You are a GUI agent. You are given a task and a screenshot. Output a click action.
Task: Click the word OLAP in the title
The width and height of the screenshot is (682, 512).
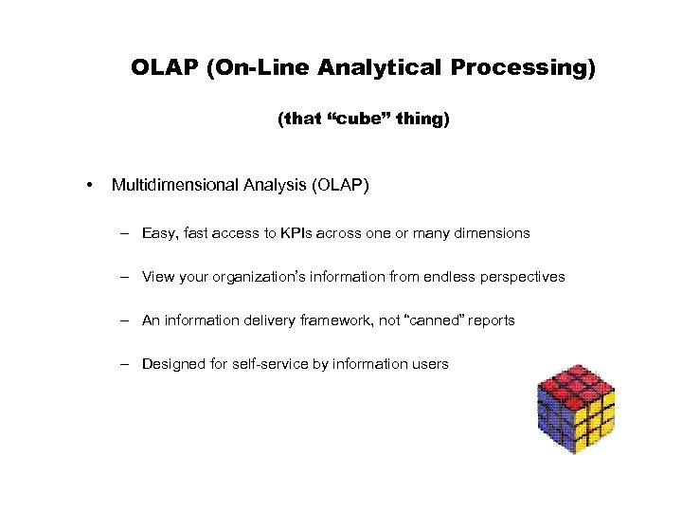pyautogui.click(x=163, y=68)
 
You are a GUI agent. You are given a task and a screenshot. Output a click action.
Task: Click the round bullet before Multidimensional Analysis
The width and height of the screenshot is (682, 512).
pyautogui.click(x=88, y=186)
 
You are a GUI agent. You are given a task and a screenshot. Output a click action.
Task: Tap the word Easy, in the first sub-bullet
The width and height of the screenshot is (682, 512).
pyautogui.click(x=160, y=233)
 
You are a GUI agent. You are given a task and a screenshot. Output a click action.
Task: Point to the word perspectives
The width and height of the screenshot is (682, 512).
pyautogui.click(x=523, y=277)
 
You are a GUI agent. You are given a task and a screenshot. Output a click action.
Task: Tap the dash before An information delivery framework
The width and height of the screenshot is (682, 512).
pyautogui.click(x=125, y=320)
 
